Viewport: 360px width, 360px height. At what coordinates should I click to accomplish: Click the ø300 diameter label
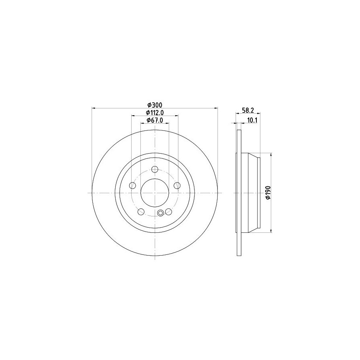click(155, 105)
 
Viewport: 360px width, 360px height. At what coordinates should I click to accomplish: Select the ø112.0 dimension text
click(155, 113)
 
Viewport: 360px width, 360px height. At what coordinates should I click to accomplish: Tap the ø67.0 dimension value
click(155, 120)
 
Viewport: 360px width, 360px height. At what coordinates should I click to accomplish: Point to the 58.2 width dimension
click(248, 110)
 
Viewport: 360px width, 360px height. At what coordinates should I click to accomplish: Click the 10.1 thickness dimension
click(252, 120)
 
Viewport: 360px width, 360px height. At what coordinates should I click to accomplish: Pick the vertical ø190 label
click(268, 193)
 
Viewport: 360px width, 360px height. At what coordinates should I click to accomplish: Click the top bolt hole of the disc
click(155, 170)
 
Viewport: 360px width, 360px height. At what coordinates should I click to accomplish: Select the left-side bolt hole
click(133, 185)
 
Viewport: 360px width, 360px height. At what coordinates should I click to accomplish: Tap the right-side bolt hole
click(177, 185)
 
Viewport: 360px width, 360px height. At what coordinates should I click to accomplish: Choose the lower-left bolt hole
click(141, 212)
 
